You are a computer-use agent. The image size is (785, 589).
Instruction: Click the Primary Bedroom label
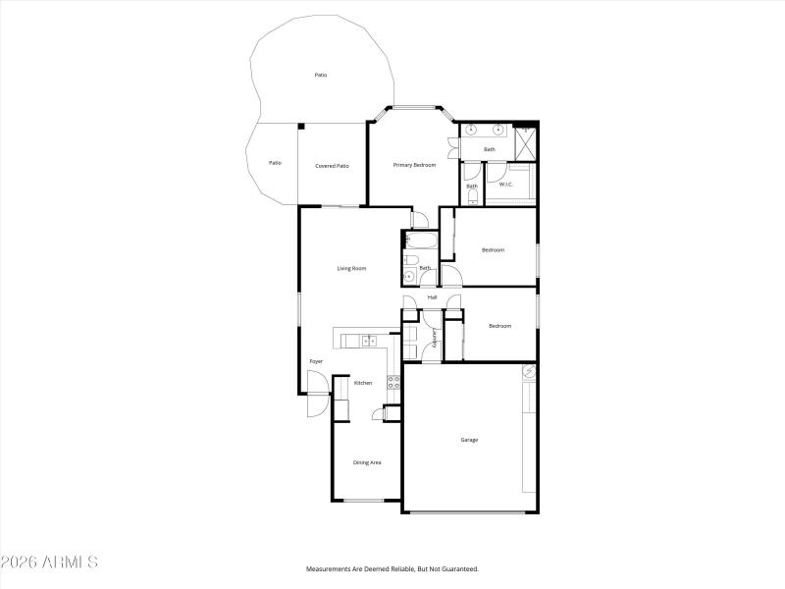[x=414, y=165]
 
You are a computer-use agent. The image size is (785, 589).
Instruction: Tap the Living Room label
[x=351, y=268]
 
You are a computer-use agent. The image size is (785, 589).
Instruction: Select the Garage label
[x=469, y=440]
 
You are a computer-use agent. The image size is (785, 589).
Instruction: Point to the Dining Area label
[x=367, y=462]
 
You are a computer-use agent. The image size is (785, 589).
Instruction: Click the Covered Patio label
[x=332, y=166]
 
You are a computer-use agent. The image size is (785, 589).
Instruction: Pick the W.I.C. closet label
[x=506, y=185]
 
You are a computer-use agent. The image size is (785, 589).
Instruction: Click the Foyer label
[x=316, y=361]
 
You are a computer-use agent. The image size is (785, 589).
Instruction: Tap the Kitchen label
[x=362, y=383]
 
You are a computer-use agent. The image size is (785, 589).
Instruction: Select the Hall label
[x=432, y=296]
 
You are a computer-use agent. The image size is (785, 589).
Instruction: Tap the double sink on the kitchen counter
[x=369, y=341]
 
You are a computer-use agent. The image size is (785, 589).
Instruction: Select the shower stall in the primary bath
[x=526, y=142]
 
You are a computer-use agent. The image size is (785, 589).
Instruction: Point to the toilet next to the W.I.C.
[x=472, y=195]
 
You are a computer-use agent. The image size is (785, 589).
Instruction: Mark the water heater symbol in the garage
[x=528, y=373]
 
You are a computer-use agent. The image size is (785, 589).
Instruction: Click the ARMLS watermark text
[x=49, y=562]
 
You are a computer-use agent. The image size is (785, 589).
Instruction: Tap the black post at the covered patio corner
[x=301, y=125]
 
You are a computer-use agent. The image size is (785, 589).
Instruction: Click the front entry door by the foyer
[x=317, y=404]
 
